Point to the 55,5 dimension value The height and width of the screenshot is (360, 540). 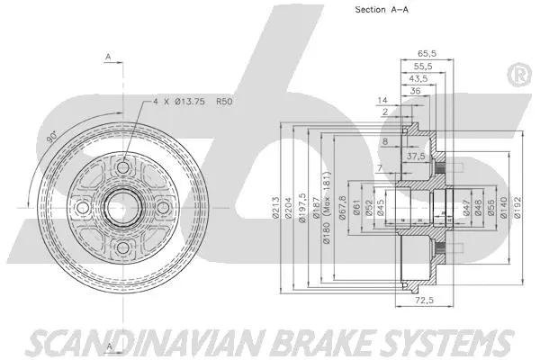(421, 67)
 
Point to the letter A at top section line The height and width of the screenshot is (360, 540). (107, 57)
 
